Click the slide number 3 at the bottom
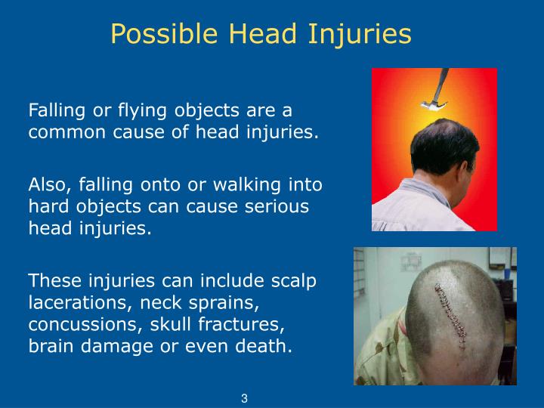pyautogui.click(x=245, y=399)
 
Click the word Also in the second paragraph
pyautogui.click(x=47, y=185)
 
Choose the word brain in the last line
pyautogui.click(x=50, y=348)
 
